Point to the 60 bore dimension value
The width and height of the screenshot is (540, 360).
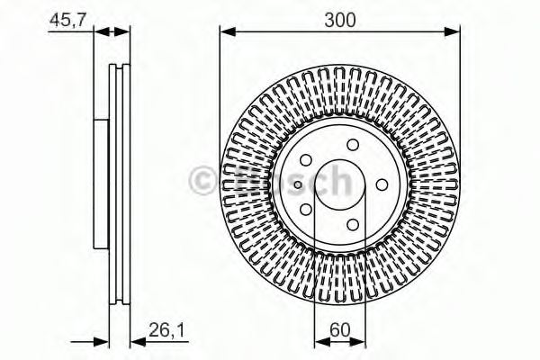pyautogui.click(x=339, y=330)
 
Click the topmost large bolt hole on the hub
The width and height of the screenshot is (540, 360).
pyautogui.click(x=352, y=145)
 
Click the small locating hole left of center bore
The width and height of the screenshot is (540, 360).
pyautogui.click(x=303, y=184)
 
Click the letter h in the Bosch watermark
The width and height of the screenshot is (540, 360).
pyautogui.click(x=336, y=181)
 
